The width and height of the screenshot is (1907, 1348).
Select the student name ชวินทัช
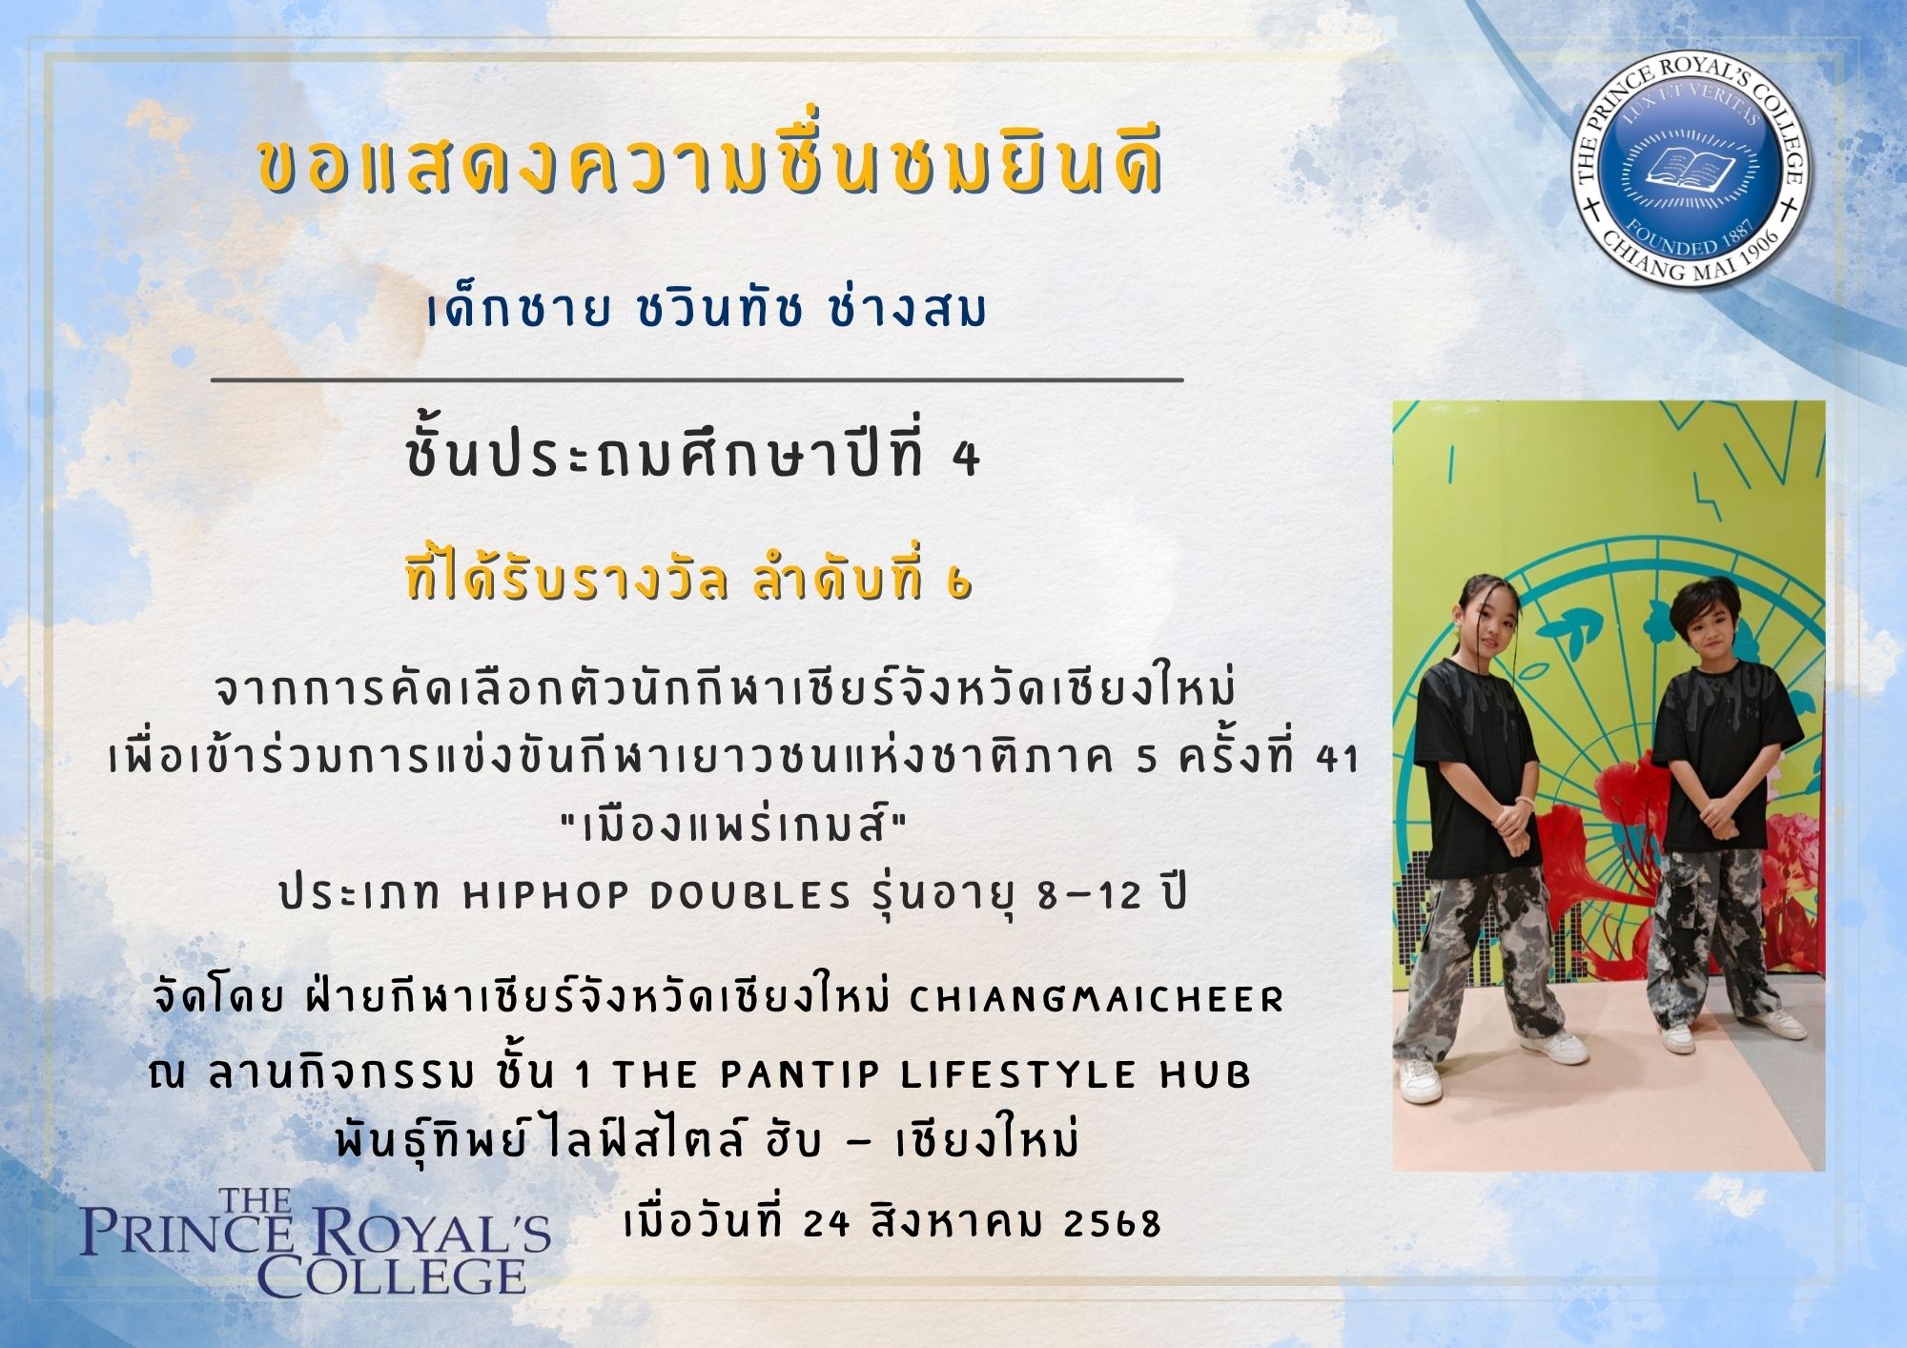716,309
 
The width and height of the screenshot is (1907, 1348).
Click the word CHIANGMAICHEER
1097,999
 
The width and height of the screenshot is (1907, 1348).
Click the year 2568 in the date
1112,1223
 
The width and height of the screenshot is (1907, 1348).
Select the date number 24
826,1223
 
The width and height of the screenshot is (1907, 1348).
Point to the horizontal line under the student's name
697,379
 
